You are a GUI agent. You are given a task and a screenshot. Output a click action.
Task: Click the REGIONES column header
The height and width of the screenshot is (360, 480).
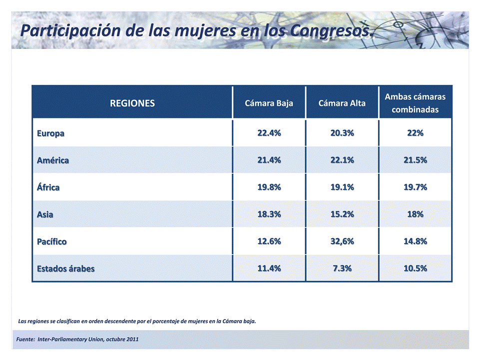pos(132,103)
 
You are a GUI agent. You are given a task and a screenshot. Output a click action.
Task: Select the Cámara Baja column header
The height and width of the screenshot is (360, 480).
pos(269,103)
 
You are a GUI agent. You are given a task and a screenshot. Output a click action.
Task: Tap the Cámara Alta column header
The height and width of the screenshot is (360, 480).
pos(342,103)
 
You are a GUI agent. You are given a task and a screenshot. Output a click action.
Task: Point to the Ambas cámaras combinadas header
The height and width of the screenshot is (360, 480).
pos(415,103)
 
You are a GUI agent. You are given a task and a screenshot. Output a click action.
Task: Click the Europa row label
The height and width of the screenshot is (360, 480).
pos(50,134)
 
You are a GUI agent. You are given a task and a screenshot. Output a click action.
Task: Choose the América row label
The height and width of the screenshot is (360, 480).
pos(53,160)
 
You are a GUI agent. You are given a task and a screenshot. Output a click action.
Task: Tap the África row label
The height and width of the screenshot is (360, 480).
pos(48,187)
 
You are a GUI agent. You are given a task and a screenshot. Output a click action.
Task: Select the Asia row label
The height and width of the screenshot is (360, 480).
pos(45,214)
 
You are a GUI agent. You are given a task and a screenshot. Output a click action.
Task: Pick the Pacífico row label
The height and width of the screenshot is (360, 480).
pos(52,241)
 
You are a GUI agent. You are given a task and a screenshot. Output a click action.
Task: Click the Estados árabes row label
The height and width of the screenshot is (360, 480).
pos(66,268)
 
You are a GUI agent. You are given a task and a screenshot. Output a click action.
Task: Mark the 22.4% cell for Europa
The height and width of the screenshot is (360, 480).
pos(269,133)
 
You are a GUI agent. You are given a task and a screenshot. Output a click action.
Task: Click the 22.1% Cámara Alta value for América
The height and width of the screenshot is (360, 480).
pos(342,160)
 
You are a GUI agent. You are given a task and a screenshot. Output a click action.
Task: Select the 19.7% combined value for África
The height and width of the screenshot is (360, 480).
pos(415,187)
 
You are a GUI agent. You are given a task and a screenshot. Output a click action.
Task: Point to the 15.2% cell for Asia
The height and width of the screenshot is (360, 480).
pos(342,214)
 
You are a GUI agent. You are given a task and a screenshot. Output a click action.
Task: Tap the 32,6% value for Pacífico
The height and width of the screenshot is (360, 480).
pos(342,241)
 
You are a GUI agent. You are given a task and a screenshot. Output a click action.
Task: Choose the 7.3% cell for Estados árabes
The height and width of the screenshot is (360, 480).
pos(342,268)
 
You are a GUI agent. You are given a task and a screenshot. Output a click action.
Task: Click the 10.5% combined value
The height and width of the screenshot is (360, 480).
pos(415,268)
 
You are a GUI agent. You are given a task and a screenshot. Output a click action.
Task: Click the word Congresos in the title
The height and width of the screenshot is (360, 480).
pos(332,30)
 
